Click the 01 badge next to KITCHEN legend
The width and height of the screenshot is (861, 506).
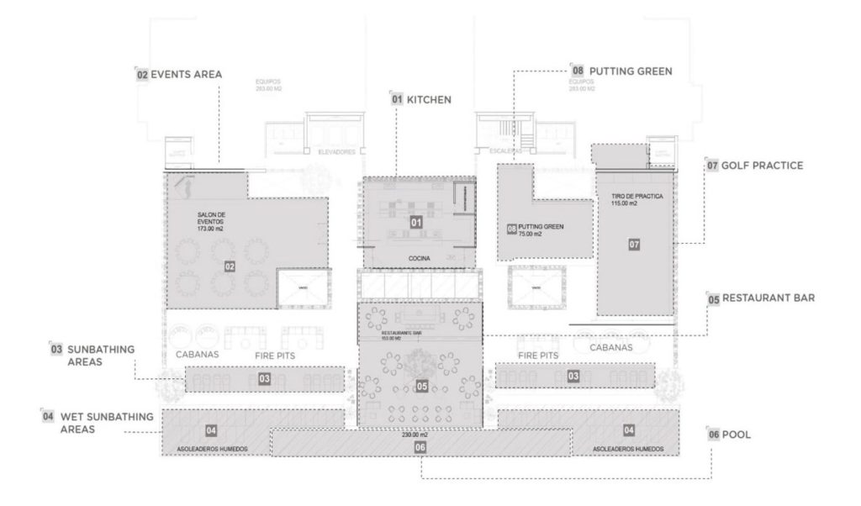[397, 99]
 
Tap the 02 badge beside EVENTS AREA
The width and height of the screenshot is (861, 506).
[142, 74]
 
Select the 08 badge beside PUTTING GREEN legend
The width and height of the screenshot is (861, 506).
[577, 71]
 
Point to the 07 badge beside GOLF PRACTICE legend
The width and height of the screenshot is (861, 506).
[712, 166]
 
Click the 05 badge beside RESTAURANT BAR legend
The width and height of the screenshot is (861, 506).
[713, 298]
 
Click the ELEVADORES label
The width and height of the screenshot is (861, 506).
[336, 152]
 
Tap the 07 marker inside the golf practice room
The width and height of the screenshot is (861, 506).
[635, 245]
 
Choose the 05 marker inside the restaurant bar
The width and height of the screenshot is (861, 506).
[421, 387]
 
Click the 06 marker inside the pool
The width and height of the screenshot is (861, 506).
[419, 447]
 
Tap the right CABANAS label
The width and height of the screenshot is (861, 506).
[612, 347]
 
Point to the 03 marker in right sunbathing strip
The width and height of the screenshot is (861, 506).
[573, 375]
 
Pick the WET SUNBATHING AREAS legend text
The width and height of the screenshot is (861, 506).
[100, 422]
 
